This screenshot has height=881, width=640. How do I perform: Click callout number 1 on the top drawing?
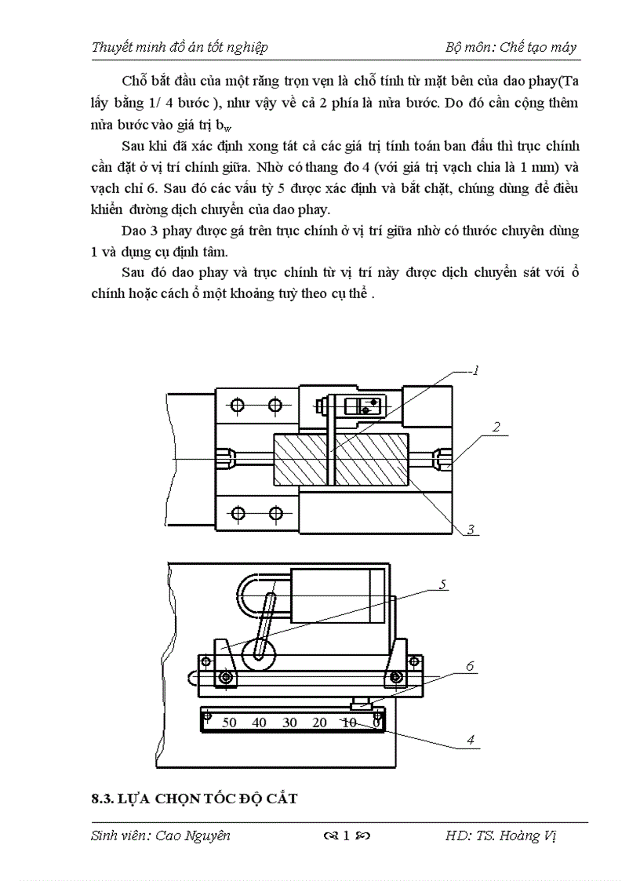pos(475,371)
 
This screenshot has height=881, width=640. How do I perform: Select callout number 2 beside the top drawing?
pos(496,428)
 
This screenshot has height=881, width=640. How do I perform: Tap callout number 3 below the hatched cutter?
pos(471,530)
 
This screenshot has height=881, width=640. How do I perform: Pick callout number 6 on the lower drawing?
pos(470,666)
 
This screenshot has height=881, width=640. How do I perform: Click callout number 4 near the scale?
pos(470,739)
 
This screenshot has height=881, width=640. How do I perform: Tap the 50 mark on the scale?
pos(230,723)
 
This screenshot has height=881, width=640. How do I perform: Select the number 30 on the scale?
pos(289,723)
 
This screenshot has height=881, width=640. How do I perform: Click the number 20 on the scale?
pos(319,723)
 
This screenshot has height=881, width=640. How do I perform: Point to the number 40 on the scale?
pos(260,723)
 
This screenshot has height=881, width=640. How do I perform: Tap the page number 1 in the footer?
pos(346,835)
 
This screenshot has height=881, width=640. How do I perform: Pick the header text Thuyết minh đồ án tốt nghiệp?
pos(180,47)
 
